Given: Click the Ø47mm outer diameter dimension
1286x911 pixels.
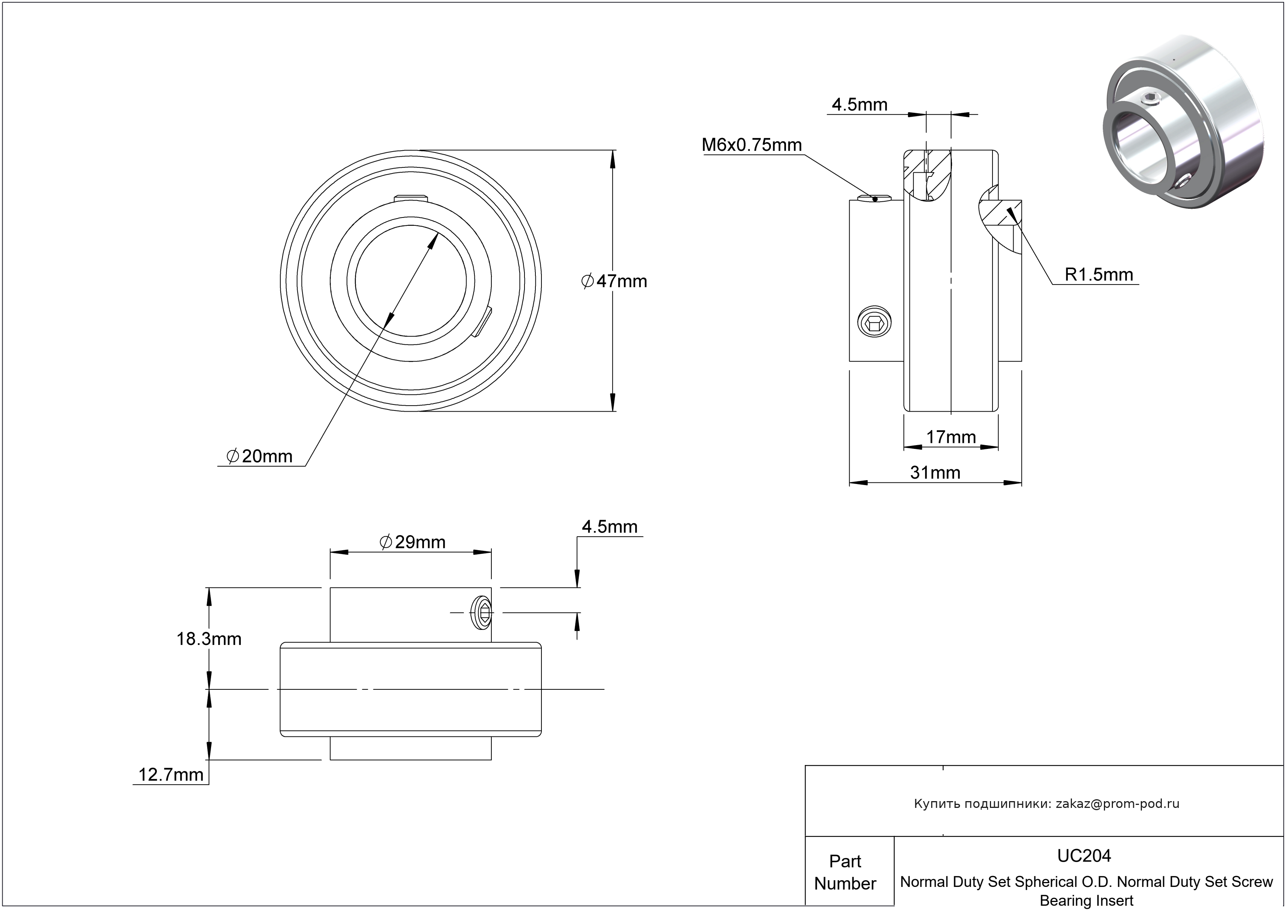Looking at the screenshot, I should pos(614,281).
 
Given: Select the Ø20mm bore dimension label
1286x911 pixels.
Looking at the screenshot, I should pos(259,456).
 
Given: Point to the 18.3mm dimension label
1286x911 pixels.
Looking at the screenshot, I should pos(209,639).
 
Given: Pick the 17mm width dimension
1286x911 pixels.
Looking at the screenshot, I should pos(951,437).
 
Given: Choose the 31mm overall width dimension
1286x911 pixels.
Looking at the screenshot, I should pos(935,473).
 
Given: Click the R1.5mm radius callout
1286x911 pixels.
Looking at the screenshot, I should pos(1099,275).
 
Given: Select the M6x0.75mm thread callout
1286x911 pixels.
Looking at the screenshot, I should pos(751,145).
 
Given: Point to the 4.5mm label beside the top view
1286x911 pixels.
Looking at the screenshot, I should pos(610,527).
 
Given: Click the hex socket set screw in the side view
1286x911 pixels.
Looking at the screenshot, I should pos(875,322).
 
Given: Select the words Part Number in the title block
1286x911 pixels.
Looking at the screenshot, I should pos(845,872).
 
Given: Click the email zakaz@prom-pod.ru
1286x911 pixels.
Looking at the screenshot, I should pos(1117,804).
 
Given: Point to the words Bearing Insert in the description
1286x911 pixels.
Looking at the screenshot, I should pos(1086,901).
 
